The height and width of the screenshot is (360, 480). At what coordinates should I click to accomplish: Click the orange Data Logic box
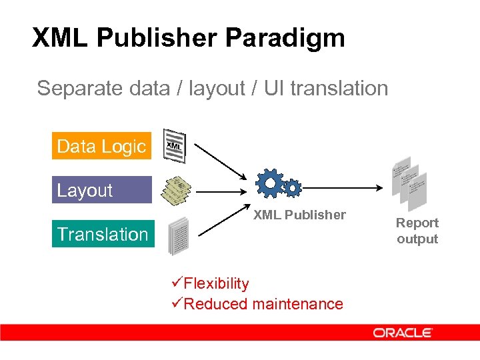[101, 146]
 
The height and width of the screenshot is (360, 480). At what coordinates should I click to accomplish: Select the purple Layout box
[101, 190]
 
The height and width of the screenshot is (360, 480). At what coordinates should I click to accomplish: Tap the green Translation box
[103, 234]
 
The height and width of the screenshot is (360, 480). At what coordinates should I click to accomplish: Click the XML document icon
[175, 145]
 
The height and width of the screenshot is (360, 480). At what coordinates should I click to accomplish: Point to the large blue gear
[270, 183]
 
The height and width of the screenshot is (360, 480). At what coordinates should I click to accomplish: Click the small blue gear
[292, 188]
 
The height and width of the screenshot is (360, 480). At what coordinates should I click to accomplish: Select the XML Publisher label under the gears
[299, 215]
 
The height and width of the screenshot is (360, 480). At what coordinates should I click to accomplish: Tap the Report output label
[417, 231]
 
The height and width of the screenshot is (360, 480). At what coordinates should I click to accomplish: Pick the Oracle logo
[403, 332]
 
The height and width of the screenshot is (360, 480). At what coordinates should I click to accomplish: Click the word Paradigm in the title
[285, 38]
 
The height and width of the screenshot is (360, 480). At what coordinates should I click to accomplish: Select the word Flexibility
[216, 283]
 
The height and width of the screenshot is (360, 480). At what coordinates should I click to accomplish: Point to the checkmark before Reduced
[177, 304]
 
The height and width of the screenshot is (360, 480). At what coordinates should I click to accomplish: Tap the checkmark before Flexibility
[177, 283]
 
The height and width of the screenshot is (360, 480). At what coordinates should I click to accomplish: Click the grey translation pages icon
[179, 235]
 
